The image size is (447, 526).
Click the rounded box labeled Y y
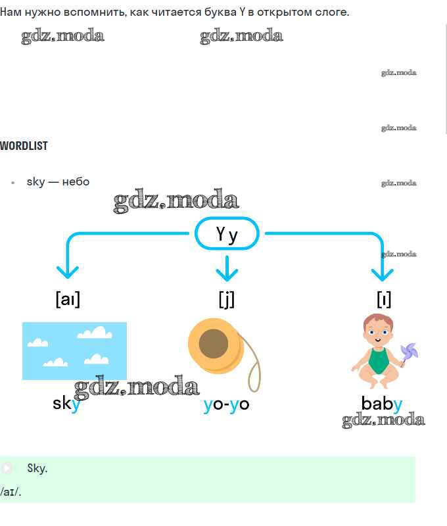tap(227, 233)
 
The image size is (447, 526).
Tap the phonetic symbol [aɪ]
tap(68, 299)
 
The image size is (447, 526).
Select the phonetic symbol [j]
tap(227, 299)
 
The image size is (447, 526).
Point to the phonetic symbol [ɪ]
tap(384, 299)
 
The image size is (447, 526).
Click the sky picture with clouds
tap(74, 351)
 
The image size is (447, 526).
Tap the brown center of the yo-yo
tap(213, 343)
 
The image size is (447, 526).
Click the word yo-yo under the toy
tap(226, 404)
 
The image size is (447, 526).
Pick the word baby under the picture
tap(382, 404)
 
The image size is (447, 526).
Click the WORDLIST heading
tap(24, 146)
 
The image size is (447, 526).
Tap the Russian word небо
tap(76, 182)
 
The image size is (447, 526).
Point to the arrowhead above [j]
tap(227, 274)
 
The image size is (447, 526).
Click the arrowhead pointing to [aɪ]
tap(68, 272)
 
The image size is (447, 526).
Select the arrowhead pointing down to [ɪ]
tap(383, 274)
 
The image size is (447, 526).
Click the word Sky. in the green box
tap(37, 468)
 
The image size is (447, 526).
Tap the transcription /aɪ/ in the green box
tap(11, 492)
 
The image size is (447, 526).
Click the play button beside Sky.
tap(7, 468)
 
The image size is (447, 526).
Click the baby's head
tap(378, 329)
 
